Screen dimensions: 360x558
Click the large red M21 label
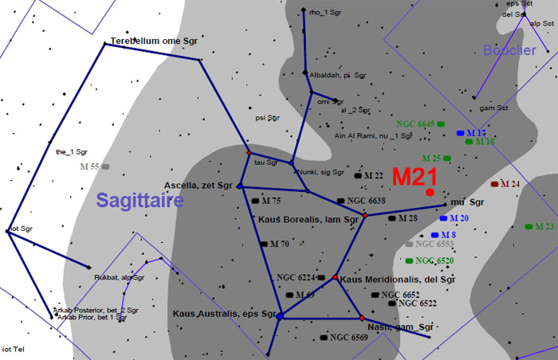coord(413,177)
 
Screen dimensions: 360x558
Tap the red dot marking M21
coord(430,192)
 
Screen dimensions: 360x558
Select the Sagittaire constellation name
coord(140,200)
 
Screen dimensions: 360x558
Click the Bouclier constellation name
coord(509,50)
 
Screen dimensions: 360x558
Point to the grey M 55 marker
coord(105,166)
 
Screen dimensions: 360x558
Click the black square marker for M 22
coord(358,175)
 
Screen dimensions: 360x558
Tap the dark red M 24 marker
coord(495,184)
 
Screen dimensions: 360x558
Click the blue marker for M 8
coord(435,235)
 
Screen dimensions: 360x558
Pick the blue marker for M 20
coord(443,217)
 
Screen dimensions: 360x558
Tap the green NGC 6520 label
coord(434,261)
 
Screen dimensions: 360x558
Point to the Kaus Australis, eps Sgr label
coord(224,314)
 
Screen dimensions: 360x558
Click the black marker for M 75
coord(255,201)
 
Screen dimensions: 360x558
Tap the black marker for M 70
coord(263,243)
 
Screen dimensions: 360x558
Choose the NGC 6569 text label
coord(349,338)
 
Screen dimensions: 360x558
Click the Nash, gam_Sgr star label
coord(400,327)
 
